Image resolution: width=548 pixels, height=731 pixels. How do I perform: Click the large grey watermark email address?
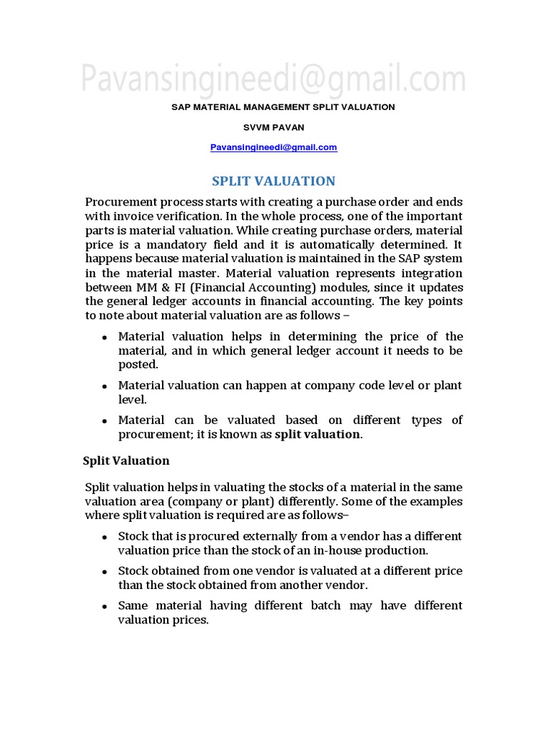pyautogui.click(x=273, y=79)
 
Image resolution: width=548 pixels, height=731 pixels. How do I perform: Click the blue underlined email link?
pyautogui.click(x=273, y=147)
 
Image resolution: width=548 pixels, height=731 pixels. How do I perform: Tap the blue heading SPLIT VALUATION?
pyautogui.click(x=274, y=181)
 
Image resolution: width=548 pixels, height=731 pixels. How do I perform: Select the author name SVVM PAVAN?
pyautogui.click(x=273, y=127)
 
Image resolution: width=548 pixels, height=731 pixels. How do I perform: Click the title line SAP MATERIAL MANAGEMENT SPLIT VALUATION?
pyautogui.click(x=283, y=107)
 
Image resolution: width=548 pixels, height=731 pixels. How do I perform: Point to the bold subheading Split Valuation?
pyautogui.click(x=126, y=460)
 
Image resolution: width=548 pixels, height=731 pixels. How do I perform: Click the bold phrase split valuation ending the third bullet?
pyautogui.click(x=318, y=434)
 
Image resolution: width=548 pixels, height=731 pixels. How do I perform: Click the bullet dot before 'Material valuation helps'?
pyautogui.click(x=104, y=337)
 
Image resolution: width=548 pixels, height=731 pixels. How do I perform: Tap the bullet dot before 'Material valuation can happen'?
pyautogui.click(x=104, y=385)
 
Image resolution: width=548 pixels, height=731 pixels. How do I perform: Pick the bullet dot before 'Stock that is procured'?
pyautogui.click(x=104, y=536)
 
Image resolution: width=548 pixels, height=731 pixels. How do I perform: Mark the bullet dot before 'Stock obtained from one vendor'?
pyautogui.click(x=104, y=571)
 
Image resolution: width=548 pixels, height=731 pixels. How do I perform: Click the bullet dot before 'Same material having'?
pyautogui.click(x=104, y=606)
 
